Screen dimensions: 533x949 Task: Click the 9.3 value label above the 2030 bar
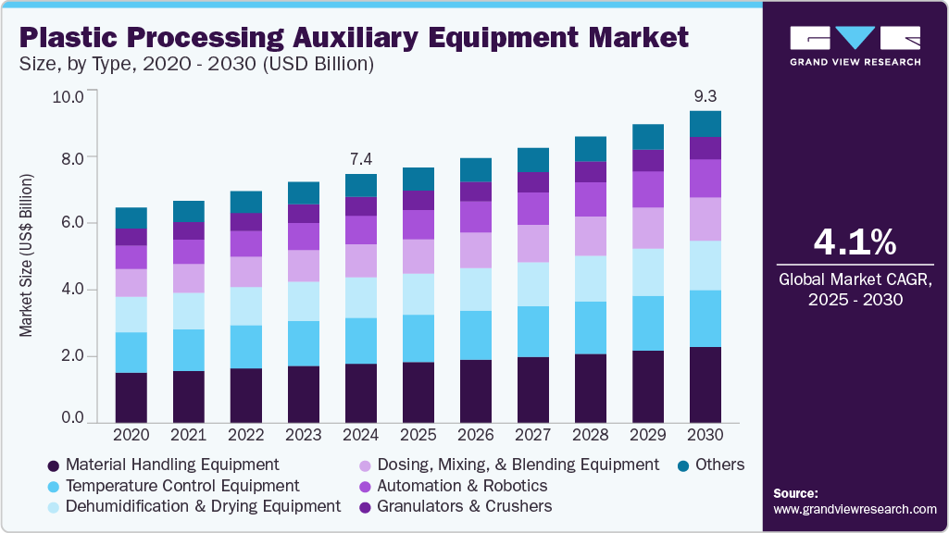point(705,95)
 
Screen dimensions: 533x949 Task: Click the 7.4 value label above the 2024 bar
point(361,159)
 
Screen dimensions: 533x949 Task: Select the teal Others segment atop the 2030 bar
point(705,123)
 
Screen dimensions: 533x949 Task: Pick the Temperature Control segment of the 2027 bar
point(533,331)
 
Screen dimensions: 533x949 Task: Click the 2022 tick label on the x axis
point(246,434)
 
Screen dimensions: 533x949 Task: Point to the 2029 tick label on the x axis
point(648,434)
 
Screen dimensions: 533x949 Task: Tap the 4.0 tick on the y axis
point(73,290)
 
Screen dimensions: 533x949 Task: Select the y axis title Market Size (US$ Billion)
point(27,254)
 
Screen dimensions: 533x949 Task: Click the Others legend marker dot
point(682,465)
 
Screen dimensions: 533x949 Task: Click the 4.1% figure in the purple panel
point(855,242)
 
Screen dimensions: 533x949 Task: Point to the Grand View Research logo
point(855,45)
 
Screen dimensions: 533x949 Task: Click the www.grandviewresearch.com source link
point(855,509)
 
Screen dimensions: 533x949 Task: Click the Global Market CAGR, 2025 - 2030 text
point(855,289)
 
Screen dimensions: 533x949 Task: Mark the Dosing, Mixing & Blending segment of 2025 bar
point(418,256)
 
